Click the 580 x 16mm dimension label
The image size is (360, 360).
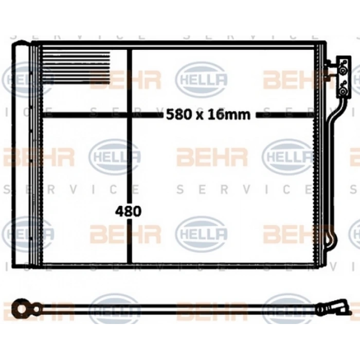pos(208,114)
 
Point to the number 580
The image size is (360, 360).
pos(176,114)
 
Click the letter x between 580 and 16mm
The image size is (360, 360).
pos(199,115)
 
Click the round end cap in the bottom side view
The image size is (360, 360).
pos(22,309)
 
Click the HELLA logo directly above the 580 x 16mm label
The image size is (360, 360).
pos(202,79)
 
